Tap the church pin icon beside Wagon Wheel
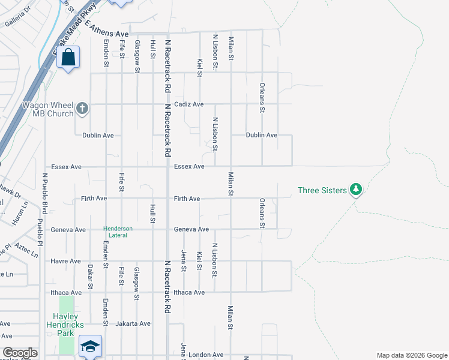(82, 109)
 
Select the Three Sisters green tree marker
(356, 190)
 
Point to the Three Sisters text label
(322, 191)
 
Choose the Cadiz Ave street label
(189, 104)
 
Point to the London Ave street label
(206, 355)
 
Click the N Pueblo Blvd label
(44, 193)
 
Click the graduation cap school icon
(90, 346)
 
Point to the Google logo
(20, 353)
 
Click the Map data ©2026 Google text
(411, 355)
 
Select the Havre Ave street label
(66, 261)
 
